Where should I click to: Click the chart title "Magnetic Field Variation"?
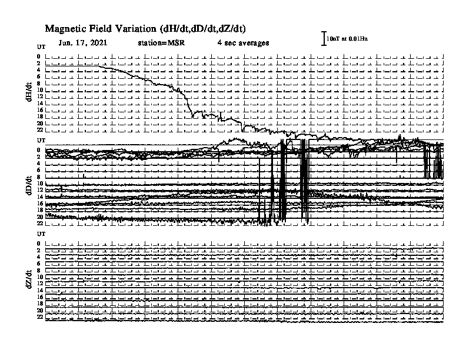coord(101,29)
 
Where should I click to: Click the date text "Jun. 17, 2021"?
coord(83,43)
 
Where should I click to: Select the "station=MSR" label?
coord(161,43)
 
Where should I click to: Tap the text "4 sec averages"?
coord(243,43)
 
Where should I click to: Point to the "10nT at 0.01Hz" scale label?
coord(347,39)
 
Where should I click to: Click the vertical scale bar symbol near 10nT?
coord(324,38)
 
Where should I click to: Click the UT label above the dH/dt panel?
coord(41,47)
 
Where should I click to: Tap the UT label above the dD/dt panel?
coord(41,140)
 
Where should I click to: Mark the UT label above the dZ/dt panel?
coord(41,234)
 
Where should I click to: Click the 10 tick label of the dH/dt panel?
coord(40,89)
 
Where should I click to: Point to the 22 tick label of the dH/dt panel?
coord(40,130)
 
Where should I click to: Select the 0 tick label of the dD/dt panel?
coord(39,150)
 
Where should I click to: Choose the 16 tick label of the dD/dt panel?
coord(40,204)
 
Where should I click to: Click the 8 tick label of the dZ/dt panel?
coord(39,271)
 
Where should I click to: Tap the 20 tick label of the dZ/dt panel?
coord(40,311)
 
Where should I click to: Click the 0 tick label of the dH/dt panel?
coord(39,56)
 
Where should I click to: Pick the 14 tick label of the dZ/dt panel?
coord(40,290)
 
